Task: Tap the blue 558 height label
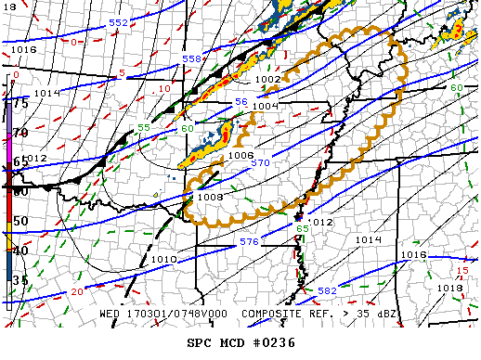pos(191,58)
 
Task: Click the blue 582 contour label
pos(327,291)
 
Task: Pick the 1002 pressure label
pos(267,80)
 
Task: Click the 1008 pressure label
pos(210,197)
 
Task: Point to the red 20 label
pos(77,292)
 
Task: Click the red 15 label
pos(462,271)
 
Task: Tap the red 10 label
pos(163,88)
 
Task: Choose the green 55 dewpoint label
pos(144,127)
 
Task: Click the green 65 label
pos(302,228)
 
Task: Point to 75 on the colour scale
pos(19,103)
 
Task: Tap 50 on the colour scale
pos(19,222)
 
